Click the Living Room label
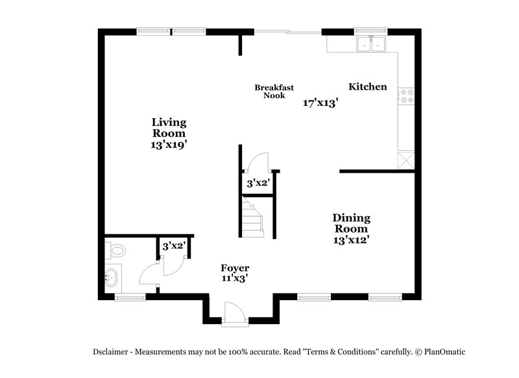[x=169, y=127]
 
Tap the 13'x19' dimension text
[x=169, y=145]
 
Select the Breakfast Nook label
[x=274, y=92]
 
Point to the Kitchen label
[x=368, y=87]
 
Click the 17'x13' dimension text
[x=321, y=103]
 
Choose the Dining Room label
[x=351, y=223]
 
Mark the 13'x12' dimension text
[x=351, y=239]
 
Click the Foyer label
[x=235, y=268]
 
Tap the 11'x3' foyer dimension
[x=235, y=279]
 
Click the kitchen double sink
[x=371, y=45]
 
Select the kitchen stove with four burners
[x=407, y=97]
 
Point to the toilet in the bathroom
[x=116, y=250]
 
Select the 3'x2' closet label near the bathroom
[x=174, y=246]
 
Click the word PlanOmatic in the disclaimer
[x=441, y=351]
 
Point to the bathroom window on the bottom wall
[x=130, y=297]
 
